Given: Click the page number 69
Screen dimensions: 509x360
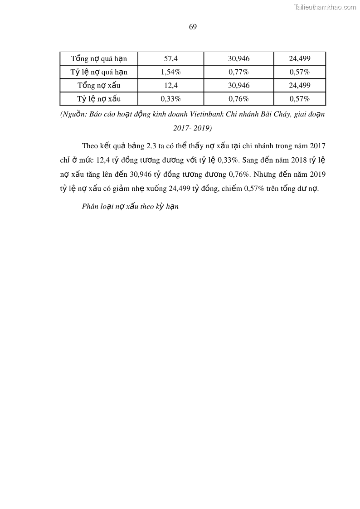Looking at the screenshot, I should pos(192,27).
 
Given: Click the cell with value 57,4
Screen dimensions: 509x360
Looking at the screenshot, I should pos(170,59).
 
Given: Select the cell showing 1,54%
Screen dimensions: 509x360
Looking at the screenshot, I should pos(170,72).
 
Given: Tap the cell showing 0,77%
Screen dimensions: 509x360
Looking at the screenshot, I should pos(238,72).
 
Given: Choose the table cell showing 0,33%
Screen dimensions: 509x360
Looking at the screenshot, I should pos(170,98).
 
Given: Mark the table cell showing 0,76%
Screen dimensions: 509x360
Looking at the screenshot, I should pos(238,98).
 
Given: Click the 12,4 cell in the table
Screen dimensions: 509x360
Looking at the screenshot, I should pos(170,85).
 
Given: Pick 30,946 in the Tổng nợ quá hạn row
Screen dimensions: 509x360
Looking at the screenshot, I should pos(238,59).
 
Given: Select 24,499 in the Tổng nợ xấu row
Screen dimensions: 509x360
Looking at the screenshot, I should pos(299,85).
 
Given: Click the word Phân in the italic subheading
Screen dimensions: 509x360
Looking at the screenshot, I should pos(90,207).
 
